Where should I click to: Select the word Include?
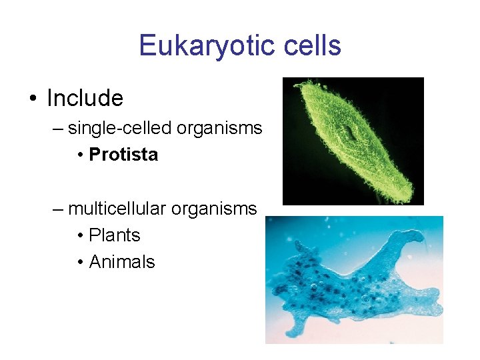coord(85,99)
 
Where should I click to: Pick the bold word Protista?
coord(123,155)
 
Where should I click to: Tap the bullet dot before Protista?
coord(79,155)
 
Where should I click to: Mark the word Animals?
coord(122,262)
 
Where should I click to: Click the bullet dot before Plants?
coord(79,236)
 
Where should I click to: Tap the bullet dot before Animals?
coord(79,263)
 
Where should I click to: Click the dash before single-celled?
coord(59,129)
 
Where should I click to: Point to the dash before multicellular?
coord(59,209)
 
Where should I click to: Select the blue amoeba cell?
coord(353,287)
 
